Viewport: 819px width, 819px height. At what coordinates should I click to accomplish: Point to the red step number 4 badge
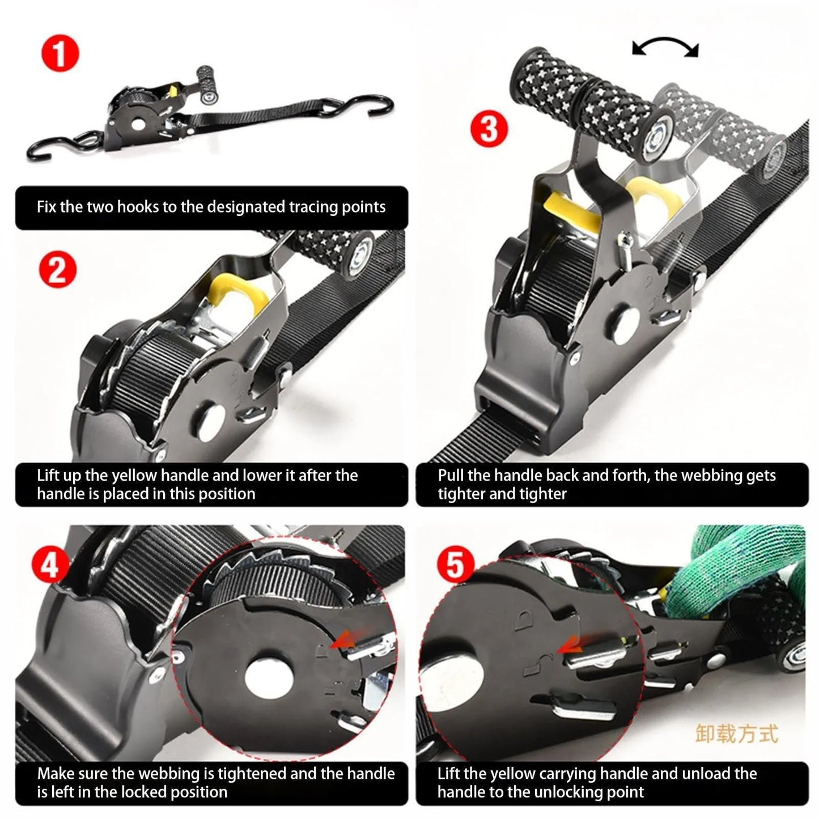pos(50,565)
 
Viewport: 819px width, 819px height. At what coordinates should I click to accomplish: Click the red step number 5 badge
pos(455,565)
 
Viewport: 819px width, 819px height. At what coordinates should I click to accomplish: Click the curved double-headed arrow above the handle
pos(665,48)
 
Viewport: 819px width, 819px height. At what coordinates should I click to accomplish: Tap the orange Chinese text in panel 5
pos(736,733)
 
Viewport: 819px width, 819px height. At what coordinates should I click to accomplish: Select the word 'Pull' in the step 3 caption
pos(451,475)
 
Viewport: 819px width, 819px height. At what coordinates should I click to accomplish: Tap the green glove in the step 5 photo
pos(748,572)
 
